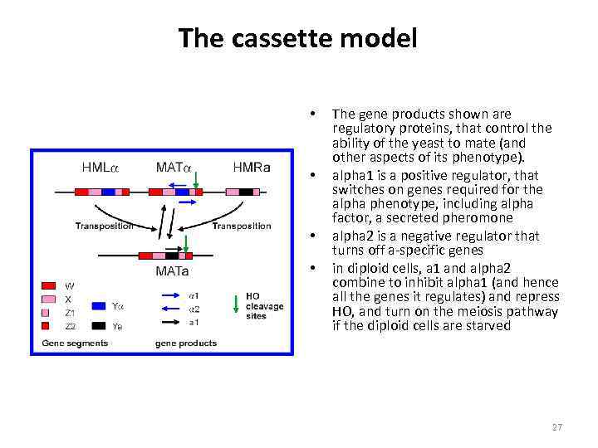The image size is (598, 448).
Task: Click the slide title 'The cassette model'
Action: click(297, 38)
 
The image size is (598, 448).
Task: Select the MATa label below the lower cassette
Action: click(172, 271)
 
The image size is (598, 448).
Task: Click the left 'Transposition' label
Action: click(105, 226)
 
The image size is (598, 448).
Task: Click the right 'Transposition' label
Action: click(242, 226)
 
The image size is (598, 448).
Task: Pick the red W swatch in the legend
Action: click(50, 286)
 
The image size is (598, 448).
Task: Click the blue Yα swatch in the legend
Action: click(98, 304)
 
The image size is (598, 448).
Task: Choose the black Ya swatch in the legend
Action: click(98, 326)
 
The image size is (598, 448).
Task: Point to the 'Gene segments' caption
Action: click(75, 343)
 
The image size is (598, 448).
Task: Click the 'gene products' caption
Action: click(186, 343)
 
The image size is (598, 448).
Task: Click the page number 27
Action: click(557, 427)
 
